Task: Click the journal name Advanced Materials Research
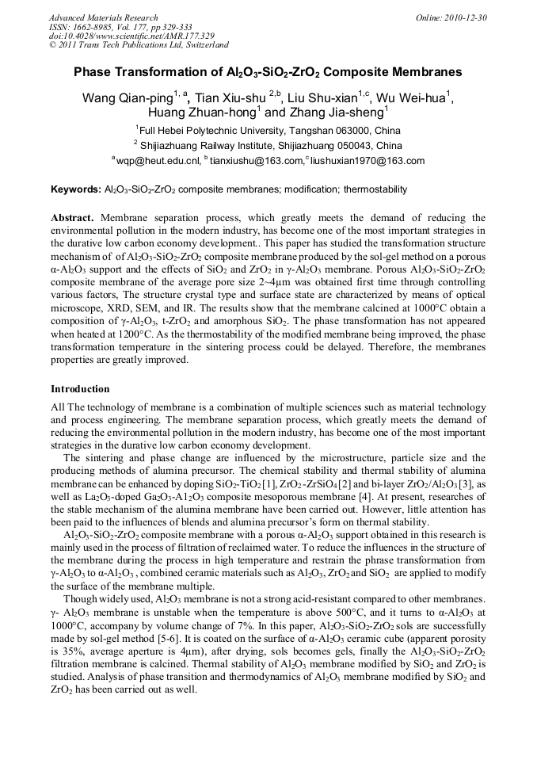tap(103, 17)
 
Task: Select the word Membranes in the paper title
tap(425, 72)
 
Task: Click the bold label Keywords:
tap(76, 190)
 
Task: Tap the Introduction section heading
tap(80, 389)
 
